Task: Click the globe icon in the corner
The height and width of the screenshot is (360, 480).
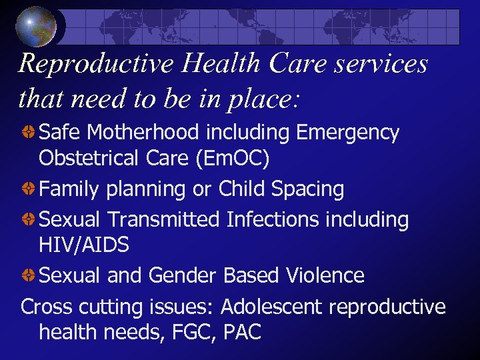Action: click(37, 27)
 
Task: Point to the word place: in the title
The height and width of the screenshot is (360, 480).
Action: click(263, 100)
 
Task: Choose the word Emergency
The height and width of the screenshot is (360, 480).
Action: click(347, 133)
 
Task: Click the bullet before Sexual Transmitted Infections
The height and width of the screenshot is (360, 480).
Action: click(29, 219)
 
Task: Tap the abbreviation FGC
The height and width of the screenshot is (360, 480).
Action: click(186, 333)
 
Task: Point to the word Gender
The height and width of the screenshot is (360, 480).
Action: click(183, 275)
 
